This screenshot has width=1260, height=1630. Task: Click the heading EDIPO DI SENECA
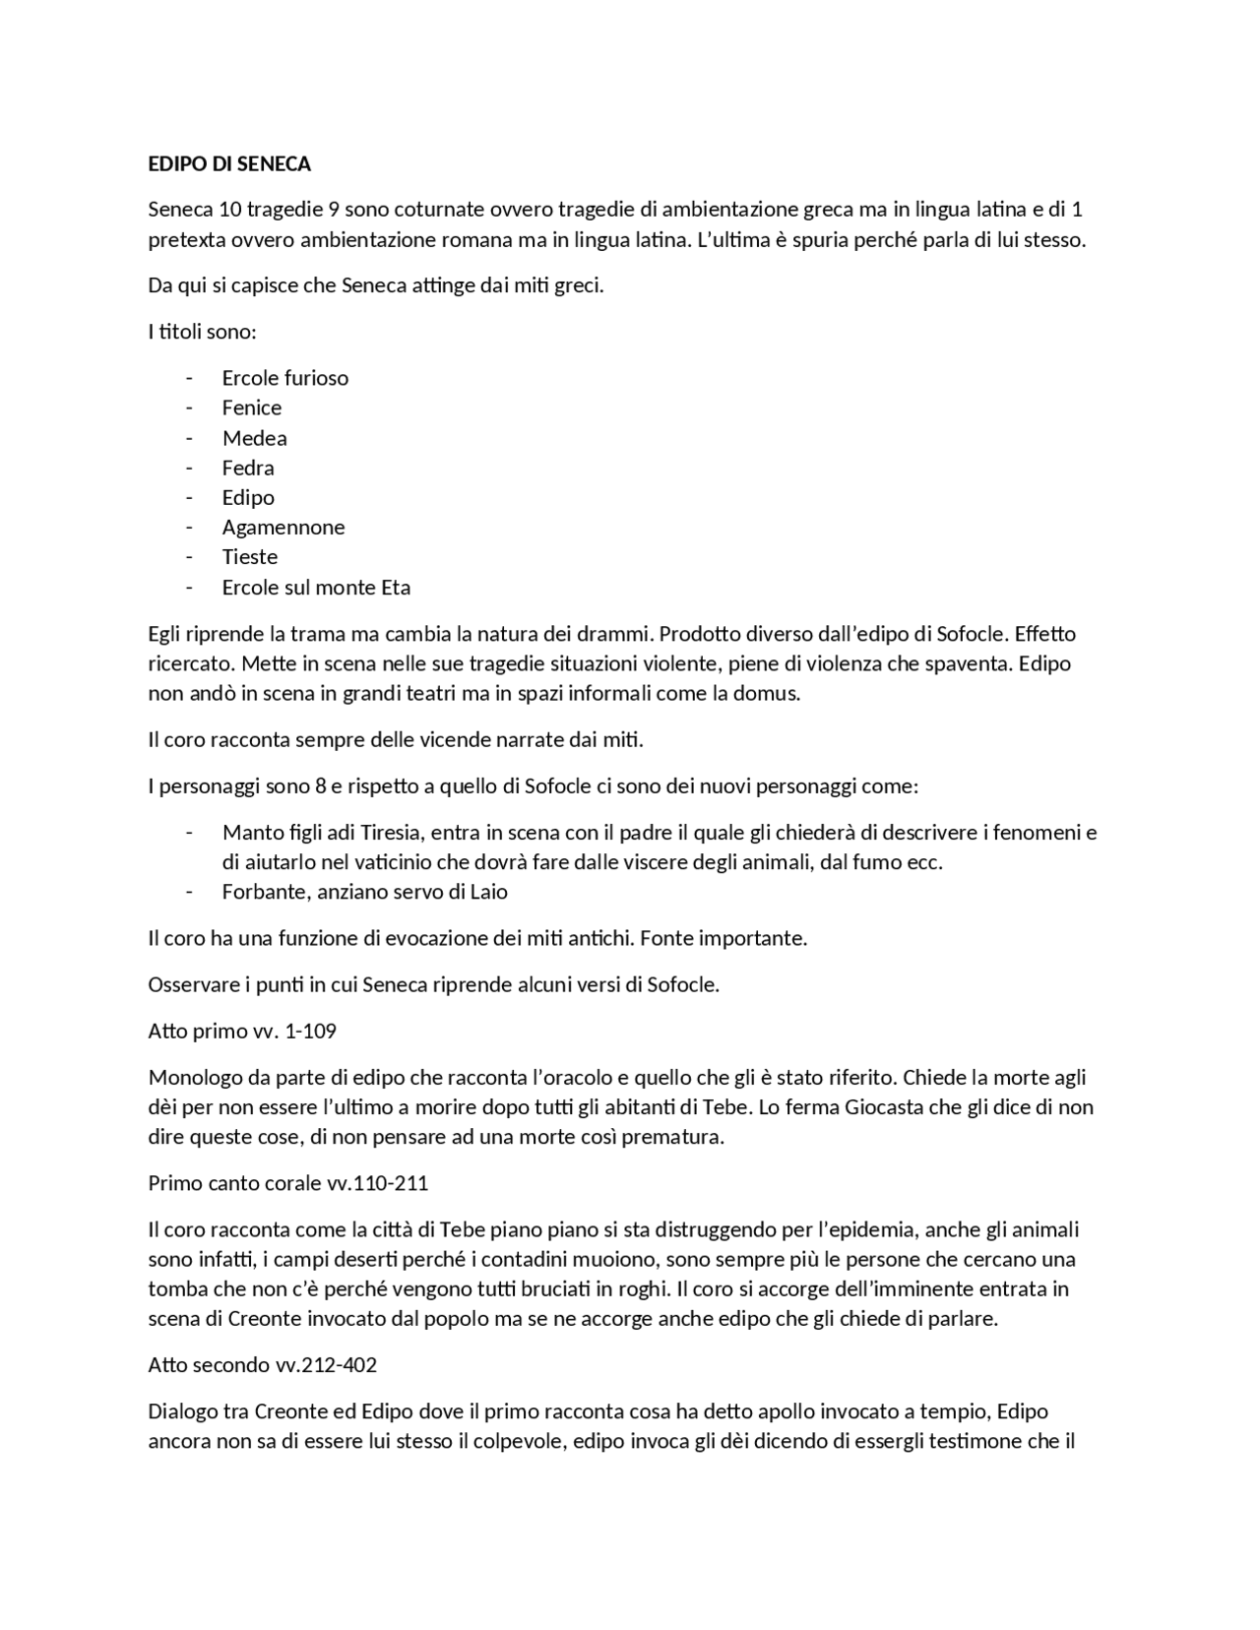coord(229,163)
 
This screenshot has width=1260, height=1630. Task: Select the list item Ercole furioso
coord(284,378)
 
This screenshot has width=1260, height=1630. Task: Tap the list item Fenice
coord(251,407)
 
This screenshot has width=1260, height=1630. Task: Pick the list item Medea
coord(254,438)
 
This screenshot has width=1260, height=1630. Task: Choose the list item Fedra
coord(248,468)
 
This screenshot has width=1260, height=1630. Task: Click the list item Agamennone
coord(283,527)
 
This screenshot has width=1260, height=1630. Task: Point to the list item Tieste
coord(250,557)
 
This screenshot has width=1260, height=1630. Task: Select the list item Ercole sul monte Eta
coord(316,588)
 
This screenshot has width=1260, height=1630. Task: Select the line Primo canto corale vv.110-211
coord(287,1183)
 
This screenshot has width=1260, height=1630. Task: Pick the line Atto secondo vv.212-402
coord(262,1365)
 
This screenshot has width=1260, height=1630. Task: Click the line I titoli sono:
coord(202,332)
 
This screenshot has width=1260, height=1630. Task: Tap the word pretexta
coord(187,240)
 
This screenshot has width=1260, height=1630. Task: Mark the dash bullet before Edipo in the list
coord(188,498)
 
